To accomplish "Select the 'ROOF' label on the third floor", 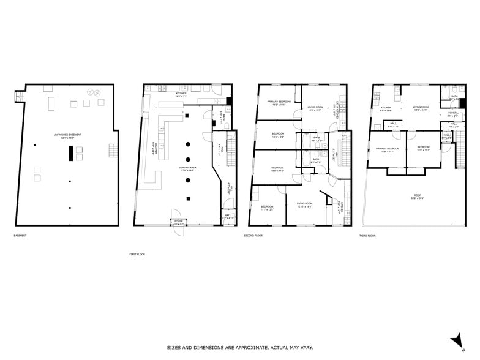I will tap(418, 195).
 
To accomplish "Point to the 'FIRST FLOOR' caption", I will tap(137, 253).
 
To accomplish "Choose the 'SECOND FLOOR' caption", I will tap(253, 236).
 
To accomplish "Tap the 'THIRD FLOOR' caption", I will tap(367, 236).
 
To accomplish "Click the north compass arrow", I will tap(455, 340).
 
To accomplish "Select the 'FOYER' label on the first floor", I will tap(178, 222).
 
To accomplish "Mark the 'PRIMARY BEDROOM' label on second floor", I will tap(279, 102).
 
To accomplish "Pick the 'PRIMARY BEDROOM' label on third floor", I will tap(388, 148).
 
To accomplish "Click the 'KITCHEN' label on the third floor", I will tap(386, 108).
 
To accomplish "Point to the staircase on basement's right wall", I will tap(111, 150).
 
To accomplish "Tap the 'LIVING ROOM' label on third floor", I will tap(420, 107).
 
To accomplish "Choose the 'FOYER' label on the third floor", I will tap(452, 113).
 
